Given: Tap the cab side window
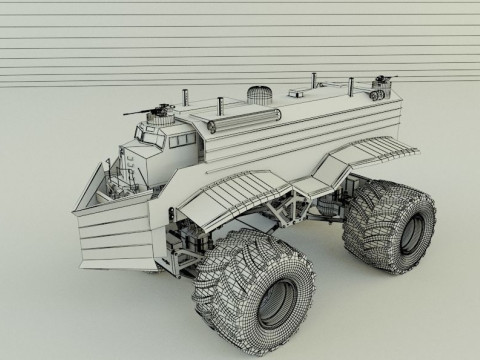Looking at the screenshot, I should pyautogui.click(x=169, y=140).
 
